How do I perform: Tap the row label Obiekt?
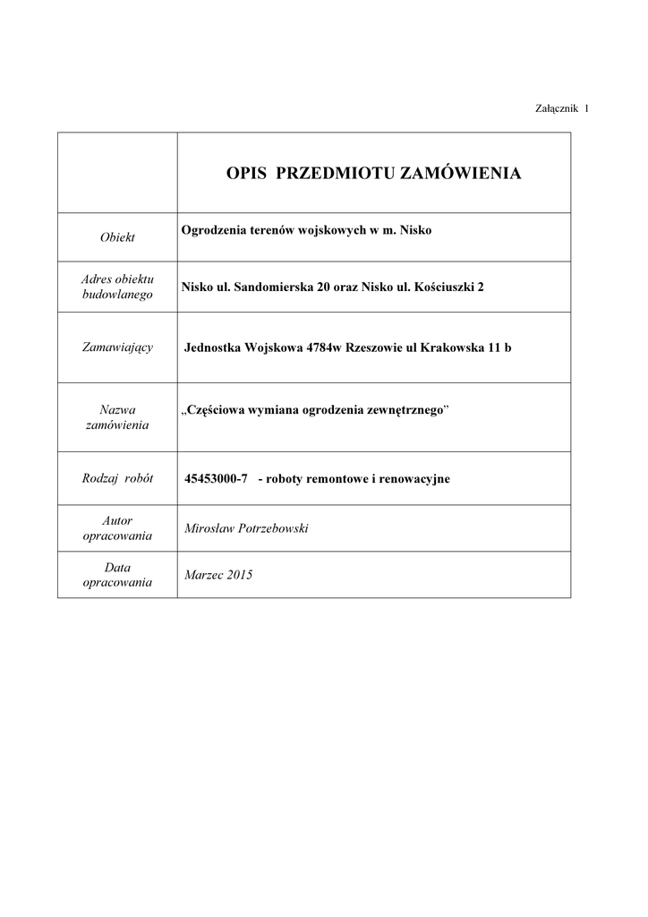pyautogui.click(x=117, y=237)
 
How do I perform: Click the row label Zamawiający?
pyautogui.click(x=117, y=347)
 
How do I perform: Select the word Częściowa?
pyautogui.click(x=215, y=410)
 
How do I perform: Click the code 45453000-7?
pyautogui.click(x=216, y=479)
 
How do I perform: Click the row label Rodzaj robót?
pyautogui.click(x=117, y=478)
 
